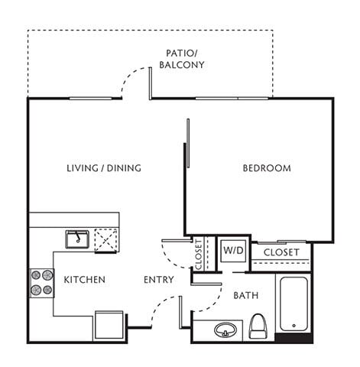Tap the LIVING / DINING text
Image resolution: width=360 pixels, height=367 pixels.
pyautogui.click(x=104, y=168)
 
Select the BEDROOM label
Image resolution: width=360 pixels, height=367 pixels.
pyautogui.click(x=267, y=168)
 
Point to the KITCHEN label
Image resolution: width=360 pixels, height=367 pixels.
pyautogui.click(x=84, y=280)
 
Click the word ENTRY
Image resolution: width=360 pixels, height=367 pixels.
pyautogui.click(x=158, y=280)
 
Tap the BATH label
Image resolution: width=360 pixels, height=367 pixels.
pyautogui.click(x=246, y=295)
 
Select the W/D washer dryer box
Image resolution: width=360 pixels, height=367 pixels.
pyautogui.click(x=232, y=250)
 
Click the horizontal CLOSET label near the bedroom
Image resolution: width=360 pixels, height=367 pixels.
pyautogui.click(x=281, y=252)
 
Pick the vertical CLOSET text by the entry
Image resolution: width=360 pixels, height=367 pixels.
pyautogui.click(x=198, y=255)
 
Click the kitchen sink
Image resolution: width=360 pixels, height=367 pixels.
pyautogui.click(x=77, y=240)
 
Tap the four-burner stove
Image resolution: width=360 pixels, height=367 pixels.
pyautogui.click(x=41, y=282)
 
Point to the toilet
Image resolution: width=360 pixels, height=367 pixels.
pyautogui.click(x=258, y=326)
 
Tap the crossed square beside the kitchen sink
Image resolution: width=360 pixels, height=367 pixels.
pyautogui.click(x=105, y=240)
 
